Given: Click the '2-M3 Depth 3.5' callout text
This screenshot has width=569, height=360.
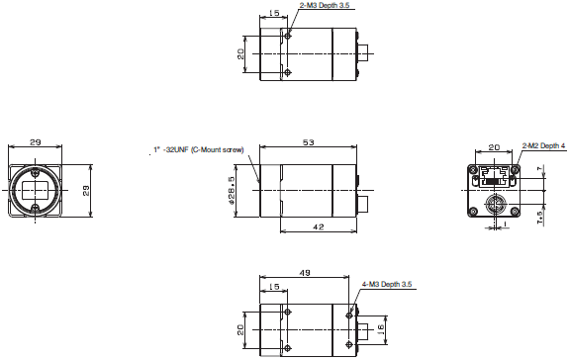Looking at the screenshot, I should (326, 5).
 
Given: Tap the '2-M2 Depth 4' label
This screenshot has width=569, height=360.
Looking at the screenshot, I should (543, 145).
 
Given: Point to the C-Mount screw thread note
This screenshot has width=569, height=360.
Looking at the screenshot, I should (198, 150).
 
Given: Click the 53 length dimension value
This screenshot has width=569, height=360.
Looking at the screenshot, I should (308, 143).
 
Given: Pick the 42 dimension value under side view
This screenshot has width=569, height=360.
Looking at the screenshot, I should (318, 226).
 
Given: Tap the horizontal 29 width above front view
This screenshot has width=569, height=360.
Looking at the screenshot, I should (36, 144).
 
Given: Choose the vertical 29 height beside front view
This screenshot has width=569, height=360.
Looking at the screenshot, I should (84, 189).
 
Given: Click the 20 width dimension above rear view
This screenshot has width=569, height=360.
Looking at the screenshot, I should (493, 148).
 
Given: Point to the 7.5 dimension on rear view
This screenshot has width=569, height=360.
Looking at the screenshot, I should (538, 215).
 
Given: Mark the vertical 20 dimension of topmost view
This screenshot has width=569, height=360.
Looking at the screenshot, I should (241, 53).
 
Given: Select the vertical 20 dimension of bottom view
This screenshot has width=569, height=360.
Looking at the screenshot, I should (241, 327).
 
